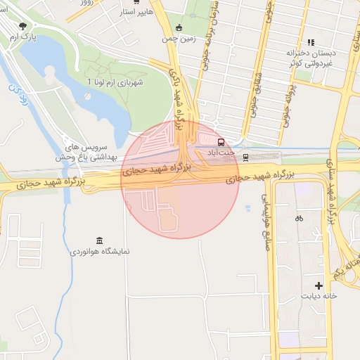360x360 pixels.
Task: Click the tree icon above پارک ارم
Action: pyautogui.click(x=23, y=25)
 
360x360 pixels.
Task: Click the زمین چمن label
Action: pyautogui.click(x=179, y=39)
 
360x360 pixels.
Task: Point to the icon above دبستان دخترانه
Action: pyautogui.click(x=311, y=43)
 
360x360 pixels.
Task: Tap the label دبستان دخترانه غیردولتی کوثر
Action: pyautogui.click(x=311, y=58)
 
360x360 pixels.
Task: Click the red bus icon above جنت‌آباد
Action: pyautogui.click(x=221, y=141)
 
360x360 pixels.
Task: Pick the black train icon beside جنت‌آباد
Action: pyautogui.click(x=245, y=157)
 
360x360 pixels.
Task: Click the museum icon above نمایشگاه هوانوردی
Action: pyautogui.click(x=98, y=240)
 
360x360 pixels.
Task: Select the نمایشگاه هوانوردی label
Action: pyautogui.click(x=100, y=251)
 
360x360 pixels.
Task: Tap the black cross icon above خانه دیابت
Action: pyautogui.click(x=319, y=285)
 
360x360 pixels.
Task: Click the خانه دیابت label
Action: pyautogui.click(x=320, y=296)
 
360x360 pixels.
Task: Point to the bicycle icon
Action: pyautogui.click(x=299, y=218)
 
